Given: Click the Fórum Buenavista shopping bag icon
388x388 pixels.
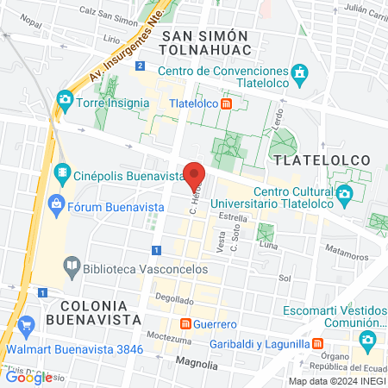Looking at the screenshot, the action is click(x=56, y=204).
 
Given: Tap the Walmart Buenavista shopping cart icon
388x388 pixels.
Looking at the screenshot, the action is click(x=27, y=325).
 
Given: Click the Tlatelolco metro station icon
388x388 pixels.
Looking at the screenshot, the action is click(x=226, y=104).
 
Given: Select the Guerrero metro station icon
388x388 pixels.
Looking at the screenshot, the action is click(x=185, y=323).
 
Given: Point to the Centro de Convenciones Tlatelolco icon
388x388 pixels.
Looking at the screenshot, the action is click(x=299, y=72).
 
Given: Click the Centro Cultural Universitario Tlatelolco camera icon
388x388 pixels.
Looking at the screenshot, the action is click(x=343, y=193).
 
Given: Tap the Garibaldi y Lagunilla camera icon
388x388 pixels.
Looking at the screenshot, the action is click(x=367, y=339).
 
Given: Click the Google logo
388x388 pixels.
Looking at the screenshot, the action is click(x=28, y=377).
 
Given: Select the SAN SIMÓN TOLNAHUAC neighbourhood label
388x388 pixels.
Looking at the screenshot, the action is click(x=204, y=43).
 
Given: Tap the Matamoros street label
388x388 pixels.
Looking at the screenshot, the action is click(x=347, y=254).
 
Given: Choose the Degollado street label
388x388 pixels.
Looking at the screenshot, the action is click(x=175, y=299).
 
